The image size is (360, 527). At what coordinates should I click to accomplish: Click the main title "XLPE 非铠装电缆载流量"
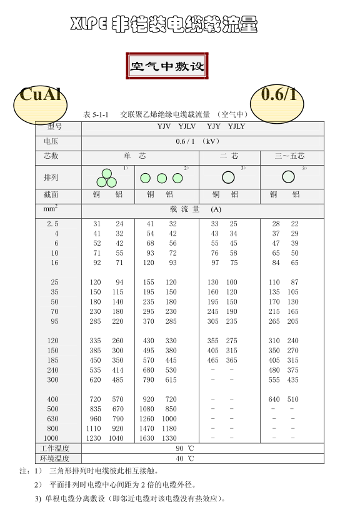tap(164, 25)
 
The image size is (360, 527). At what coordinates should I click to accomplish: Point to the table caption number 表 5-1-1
tap(96, 115)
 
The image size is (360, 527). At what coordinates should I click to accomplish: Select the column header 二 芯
tap(229, 156)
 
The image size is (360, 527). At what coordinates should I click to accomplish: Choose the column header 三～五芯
tap(289, 156)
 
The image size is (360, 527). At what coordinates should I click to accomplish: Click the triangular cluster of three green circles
tap(106, 178)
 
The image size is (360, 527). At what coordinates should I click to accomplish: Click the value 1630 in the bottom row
tap(146, 438)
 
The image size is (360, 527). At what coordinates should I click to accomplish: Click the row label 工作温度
tap(54, 449)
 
